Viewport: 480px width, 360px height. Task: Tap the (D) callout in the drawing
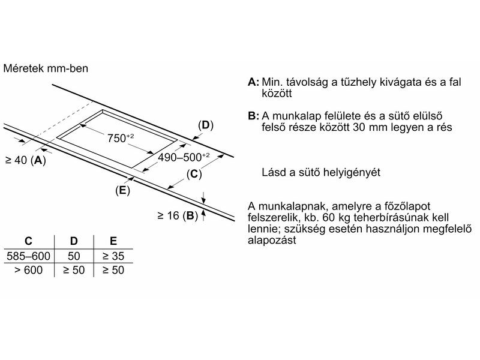pyautogui.click(x=205, y=125)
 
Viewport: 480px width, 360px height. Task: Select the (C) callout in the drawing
pyautogui.click(x=193, y=175)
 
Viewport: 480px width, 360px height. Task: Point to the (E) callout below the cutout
pyautogui.click(x=122, y=190)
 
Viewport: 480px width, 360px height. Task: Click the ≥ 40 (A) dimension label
pyautogui.click(x=25, y=160)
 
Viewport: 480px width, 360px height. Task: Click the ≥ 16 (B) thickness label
pyautogui.click(x=178, y=215)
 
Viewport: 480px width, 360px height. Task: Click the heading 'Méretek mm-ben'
pyautogui.click(x=46, y=68)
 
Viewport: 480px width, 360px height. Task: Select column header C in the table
pyautogui.click(x=28, y=241)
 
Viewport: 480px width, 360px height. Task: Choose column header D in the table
pyautogui.click(x=74, y=241)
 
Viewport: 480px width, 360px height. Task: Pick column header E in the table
pyautogui.click(x=113, y=241)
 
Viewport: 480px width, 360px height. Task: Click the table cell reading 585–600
pyautogui.click(x=28, y=256)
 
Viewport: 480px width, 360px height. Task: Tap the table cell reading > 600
pyautogui.click(x=28, y=270)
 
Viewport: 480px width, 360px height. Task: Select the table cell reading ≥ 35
pyautogui.click(x=113, y=256)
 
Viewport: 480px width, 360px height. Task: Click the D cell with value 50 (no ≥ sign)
pyautogui.click(x=74, y=256)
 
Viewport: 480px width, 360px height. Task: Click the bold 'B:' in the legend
pyautogui.click(x=253, y=116)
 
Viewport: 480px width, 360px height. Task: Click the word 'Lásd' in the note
pyautogui.click(x=274, y=173)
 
